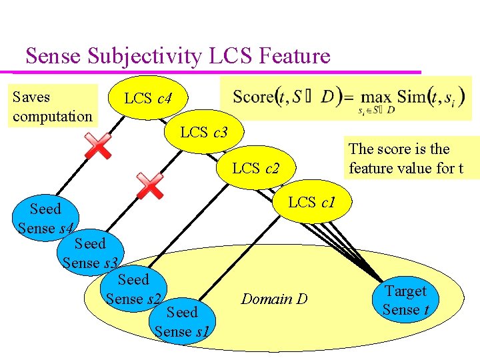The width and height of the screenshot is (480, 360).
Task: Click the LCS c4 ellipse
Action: [148, 99]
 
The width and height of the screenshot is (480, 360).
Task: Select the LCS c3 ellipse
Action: [204, 132]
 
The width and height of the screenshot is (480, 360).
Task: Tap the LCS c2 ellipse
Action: [255, 168]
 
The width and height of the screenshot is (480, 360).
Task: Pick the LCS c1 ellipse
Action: [311, 201]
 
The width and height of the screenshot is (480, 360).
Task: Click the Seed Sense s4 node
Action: [45, 219]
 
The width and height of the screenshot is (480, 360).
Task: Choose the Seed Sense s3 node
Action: [90, 252]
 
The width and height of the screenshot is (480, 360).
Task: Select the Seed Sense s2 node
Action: [133, 289]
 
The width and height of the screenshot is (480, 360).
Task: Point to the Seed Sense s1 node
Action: [181, 321]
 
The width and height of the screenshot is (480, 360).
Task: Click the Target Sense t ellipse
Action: [405, 300]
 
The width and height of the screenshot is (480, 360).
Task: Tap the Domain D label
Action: [274, 299]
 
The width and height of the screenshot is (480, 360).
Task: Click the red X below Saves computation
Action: [98, 145]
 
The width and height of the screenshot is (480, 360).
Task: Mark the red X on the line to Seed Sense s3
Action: [149, 185]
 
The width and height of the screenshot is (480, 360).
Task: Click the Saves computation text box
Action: [53, 107]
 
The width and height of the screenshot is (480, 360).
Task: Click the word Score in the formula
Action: [253, 97]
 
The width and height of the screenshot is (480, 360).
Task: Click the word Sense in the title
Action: [53, 56]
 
